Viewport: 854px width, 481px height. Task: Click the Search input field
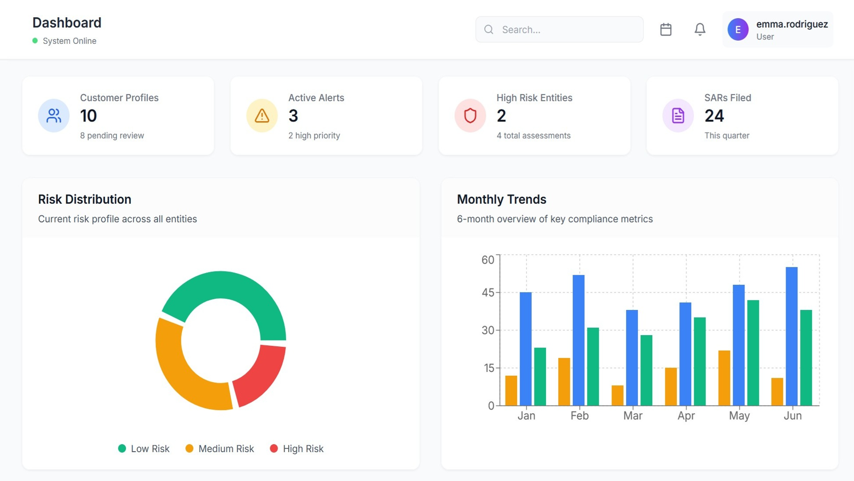click(x=566, y=29)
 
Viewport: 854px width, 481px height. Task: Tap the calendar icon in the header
click(x=666, y=29)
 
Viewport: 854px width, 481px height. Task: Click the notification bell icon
click(x=700, y=29)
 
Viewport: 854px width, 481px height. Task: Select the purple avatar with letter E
click(x=738, y=29)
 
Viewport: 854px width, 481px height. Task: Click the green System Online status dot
click(x=35, y=41)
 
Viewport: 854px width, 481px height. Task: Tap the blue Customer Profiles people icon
click(x=54, y=115)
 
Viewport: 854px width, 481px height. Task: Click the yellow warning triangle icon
click(x=262, y=115)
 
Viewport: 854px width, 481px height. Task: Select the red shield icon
click(x=470, y=115)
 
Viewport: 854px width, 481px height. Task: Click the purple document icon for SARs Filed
click(x=678, y=115)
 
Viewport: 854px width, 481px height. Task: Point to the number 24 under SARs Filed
click(x=714, y=116)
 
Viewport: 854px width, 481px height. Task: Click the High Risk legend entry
click(x=297, y=449)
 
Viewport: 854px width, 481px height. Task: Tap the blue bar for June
click(x=792, y=336)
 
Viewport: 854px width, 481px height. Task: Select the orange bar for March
click(x=618, y=395)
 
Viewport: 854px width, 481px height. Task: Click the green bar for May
click(x=753, y=353)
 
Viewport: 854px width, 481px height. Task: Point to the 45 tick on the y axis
click(x=488, y=293)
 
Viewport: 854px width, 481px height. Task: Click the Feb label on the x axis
click(x=580, y=416)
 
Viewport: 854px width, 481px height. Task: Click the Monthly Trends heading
click(x=502, y=199)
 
